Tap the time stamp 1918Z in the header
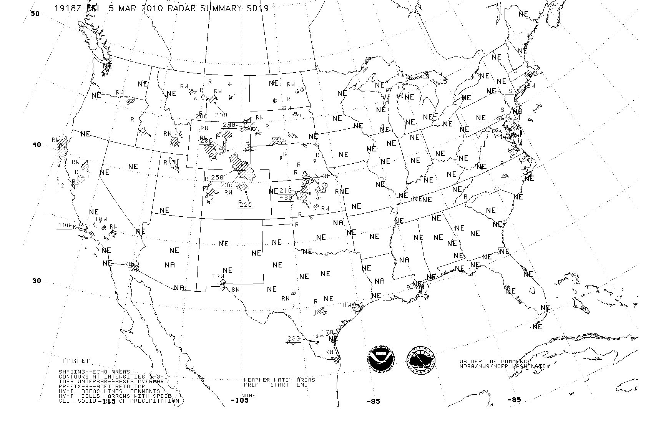pos(68,8)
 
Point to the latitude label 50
pos(35,14)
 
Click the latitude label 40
pos(36,145)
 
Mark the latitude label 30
pos(37,281)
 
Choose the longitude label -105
pos(239,400)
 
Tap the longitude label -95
pos(373,402)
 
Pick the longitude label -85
pos(514,400)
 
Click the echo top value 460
pos(286,198)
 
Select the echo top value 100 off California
pos(64,225)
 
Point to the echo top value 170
pos(327,332)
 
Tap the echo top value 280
pos(206,141)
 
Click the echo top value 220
pos(246,205)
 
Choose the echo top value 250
pos(217,177)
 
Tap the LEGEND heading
pos(77,361)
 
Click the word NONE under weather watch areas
pos(249,395)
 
